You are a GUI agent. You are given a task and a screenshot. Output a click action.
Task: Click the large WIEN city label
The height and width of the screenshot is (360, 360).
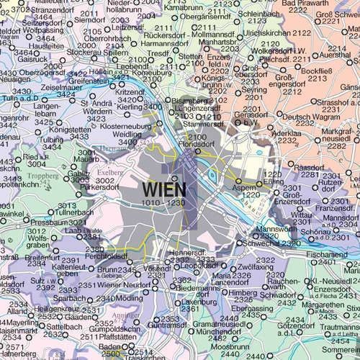[x=164, y=189]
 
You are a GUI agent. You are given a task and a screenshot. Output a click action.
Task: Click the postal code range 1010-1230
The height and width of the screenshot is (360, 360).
[x=164, y=204]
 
